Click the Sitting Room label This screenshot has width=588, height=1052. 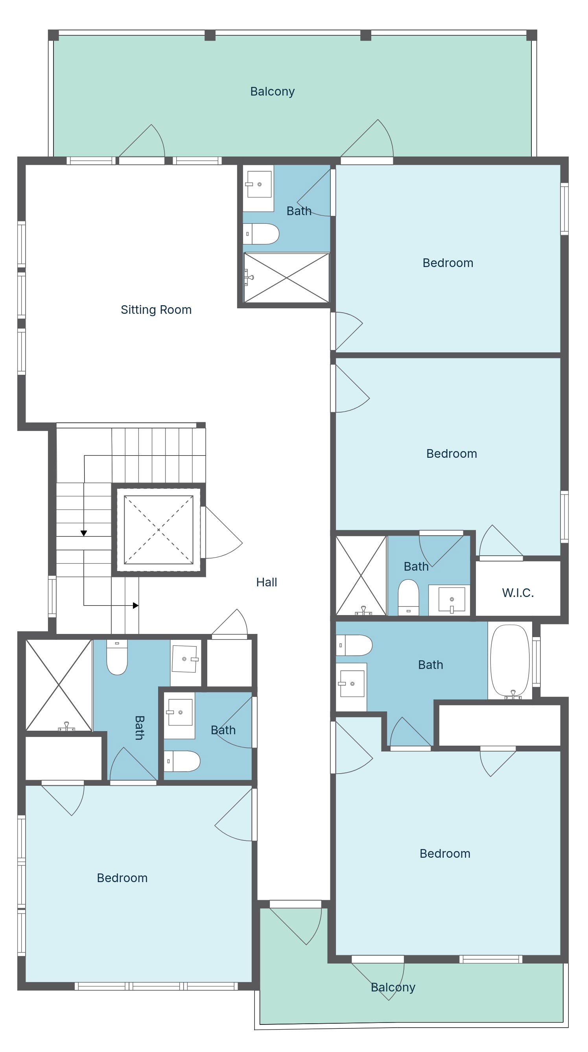tap(156, 310)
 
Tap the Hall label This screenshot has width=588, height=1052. tap(267, 582)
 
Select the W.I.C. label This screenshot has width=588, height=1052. tap(518, 593)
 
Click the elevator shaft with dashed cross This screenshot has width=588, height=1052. tap(159, 530)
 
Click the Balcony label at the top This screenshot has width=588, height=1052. tap(272, 92)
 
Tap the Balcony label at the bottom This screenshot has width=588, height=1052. tap(393, 988)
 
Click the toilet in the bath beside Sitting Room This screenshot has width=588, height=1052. tap(261, 234)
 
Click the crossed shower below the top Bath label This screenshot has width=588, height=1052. tap(287, 278)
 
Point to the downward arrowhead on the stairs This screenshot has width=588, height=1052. tap(84, 533)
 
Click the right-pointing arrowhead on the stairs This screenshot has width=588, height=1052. tap(136, 606)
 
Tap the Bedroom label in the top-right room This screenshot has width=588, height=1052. tap(448, 263)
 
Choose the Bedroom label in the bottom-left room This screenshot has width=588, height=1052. tap(122, 878)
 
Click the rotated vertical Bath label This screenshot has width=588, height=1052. tap(139, 728)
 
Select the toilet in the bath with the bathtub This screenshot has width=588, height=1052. tap(354, 645)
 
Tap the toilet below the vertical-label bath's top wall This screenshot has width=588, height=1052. tap(117, 657)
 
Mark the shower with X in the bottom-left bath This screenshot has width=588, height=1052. tap(59, 685)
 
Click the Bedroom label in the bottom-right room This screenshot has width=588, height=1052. tap(445, 853)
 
